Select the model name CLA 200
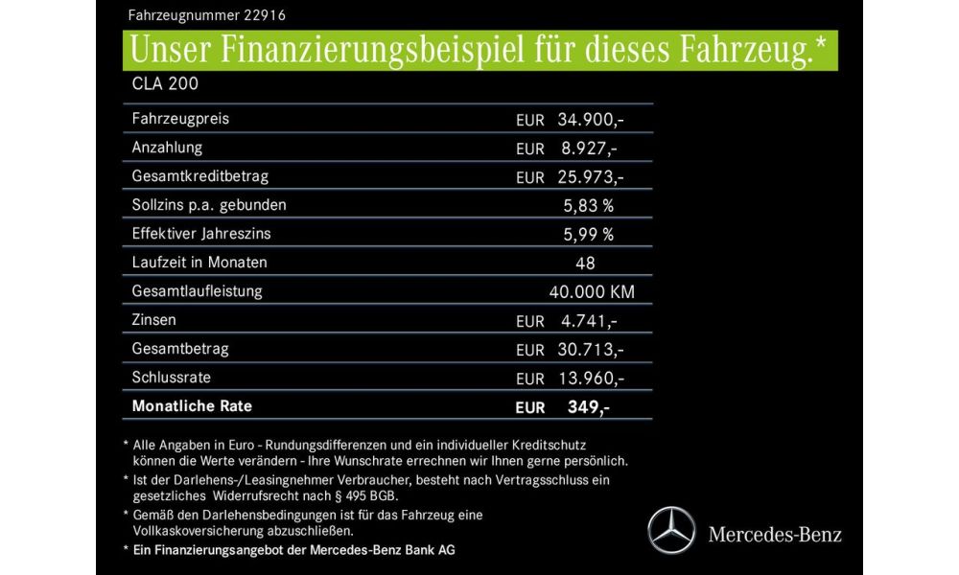(165, 83)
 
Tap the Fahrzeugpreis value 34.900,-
(591, 120)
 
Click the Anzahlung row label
(167, 148)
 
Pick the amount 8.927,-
(587, 149)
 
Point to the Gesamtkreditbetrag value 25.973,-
(591, 177)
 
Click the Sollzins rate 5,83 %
(589, 205)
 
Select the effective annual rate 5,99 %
(589, 234)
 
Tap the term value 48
(586, 263)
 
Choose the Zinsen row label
(154, 319)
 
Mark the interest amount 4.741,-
(587, 321)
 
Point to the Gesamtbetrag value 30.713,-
(591, 350)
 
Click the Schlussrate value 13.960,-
(591, 379)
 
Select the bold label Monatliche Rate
(192, 405)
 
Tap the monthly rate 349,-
(588, 407)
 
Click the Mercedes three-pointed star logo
(671, 531)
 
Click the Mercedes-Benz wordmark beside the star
(775, 534)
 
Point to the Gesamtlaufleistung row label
(197, 290)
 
